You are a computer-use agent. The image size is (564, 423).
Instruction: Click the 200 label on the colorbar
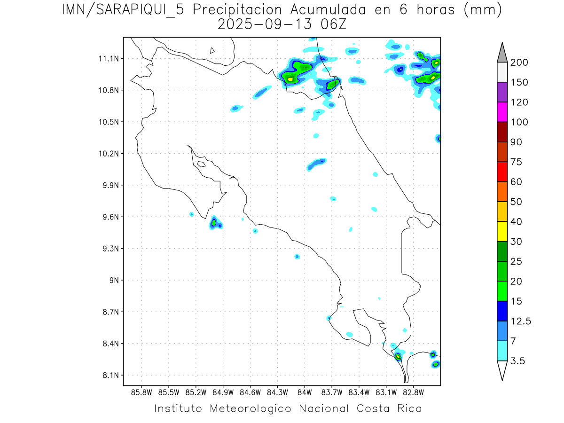tap(519, 63)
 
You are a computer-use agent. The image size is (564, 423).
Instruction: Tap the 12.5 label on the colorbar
tap(521, 321)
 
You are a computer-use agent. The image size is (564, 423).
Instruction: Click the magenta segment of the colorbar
tap(501, 112)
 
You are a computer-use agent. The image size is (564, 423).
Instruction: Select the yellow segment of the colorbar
tap(501, 231)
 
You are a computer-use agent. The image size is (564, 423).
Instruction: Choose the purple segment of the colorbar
tap(501, 92)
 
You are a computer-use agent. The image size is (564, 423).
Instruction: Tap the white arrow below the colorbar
tap(501, 370)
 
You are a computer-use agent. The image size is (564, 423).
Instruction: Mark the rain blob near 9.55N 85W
tap(214, 223)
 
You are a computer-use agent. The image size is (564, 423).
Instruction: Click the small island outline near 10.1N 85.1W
tap(201, 164)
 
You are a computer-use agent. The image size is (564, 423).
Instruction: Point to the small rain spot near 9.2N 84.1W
tap(297, 257)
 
